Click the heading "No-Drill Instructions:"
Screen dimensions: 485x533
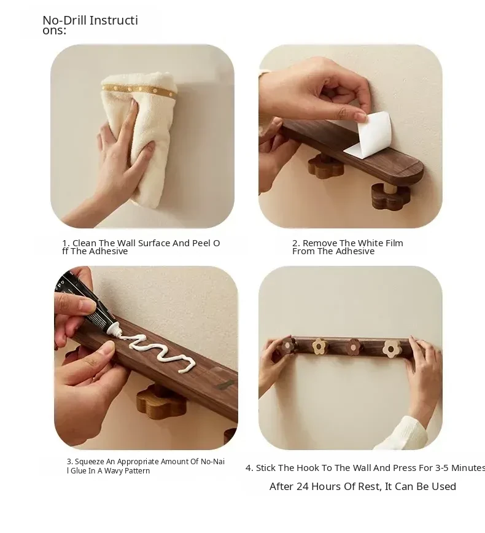point(90,25)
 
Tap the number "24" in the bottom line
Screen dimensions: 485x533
point(303,486)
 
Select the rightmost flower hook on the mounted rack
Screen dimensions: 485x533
point(392,348)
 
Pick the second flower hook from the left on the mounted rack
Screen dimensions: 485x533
point(319,346)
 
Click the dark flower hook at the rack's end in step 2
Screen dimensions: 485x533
point(390,196)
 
